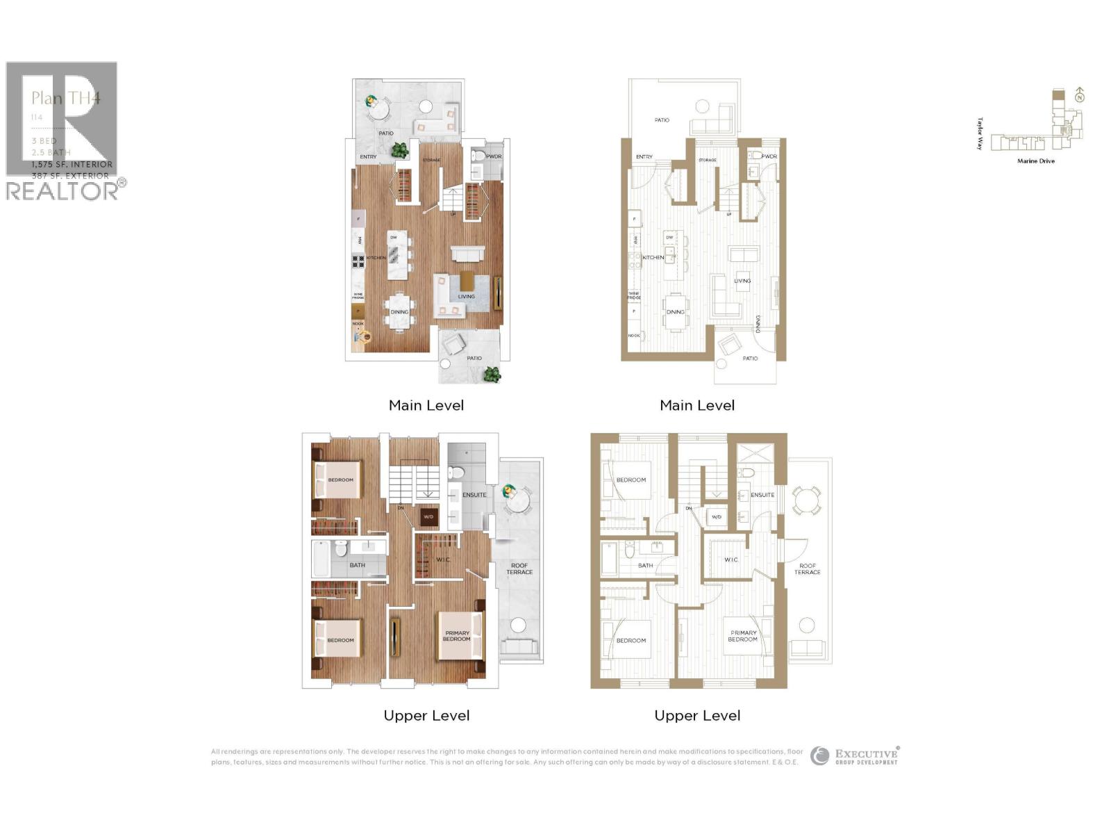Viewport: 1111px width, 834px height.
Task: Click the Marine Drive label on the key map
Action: pyautogui.click(x=1035, y=161)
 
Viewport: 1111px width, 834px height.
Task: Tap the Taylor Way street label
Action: pyautogui.click(x=980, y=133)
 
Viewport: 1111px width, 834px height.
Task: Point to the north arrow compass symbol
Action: pyautogui.click(x=1079, y=95)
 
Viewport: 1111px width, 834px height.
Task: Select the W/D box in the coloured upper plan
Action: pyautogui.click(x=428, y=517)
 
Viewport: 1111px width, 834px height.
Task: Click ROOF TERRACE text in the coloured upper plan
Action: pyautogui.click(x=519, y=569)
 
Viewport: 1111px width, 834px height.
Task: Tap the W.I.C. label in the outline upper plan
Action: pyautogui.click(x=731, y=559)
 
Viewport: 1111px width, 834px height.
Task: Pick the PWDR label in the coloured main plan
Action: pyautogui.click(x=493, y=156)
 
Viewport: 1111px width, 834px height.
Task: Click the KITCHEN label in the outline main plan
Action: pyautogui.click(x=653, y=258)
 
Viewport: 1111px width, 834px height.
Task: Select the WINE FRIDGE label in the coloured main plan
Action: pyautogui.click(x=358, y=296)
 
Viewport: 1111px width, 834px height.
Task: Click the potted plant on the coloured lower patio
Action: pyautogui.click(x=492, y=375)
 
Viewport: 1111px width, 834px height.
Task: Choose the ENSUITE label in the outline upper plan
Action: pyautogui.click(x=762, y=495)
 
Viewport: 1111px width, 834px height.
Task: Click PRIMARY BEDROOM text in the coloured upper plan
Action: pyautogui.click(x=456, y=636)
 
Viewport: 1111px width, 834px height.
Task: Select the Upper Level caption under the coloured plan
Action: pyautogui.click(x=426, y=715)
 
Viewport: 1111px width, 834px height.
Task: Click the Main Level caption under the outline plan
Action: pyautogui.click(x=697, y=405)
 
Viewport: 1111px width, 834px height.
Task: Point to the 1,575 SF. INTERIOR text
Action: pyautogui.click(x=72, y=165)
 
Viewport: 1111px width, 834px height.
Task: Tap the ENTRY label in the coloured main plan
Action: pyautogui.click(x=368, y=157)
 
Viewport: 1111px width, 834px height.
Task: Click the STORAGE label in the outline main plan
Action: pyautogui.click(x=707, y=161)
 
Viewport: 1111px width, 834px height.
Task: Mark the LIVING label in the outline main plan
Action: pyautogui.click(x=742, y=281)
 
